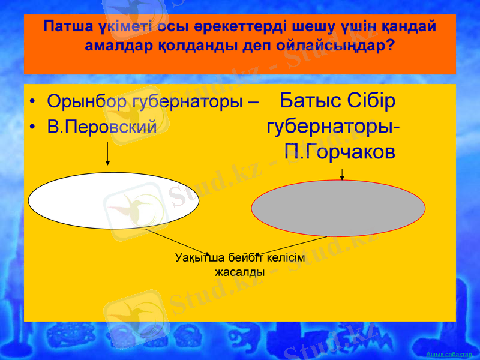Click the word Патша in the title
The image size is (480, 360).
tap(67, 28)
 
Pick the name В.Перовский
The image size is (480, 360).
tap(102, 127)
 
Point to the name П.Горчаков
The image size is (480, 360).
tap(340, 152)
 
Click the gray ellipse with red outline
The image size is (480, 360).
tap(338, 208)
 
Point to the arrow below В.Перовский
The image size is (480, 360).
tap(107, 154)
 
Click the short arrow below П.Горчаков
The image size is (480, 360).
tap(342, 174)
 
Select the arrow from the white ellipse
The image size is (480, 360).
tap(178, 242)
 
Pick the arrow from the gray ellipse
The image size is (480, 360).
tap(291, 247)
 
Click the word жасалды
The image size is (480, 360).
tap(240, 272)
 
